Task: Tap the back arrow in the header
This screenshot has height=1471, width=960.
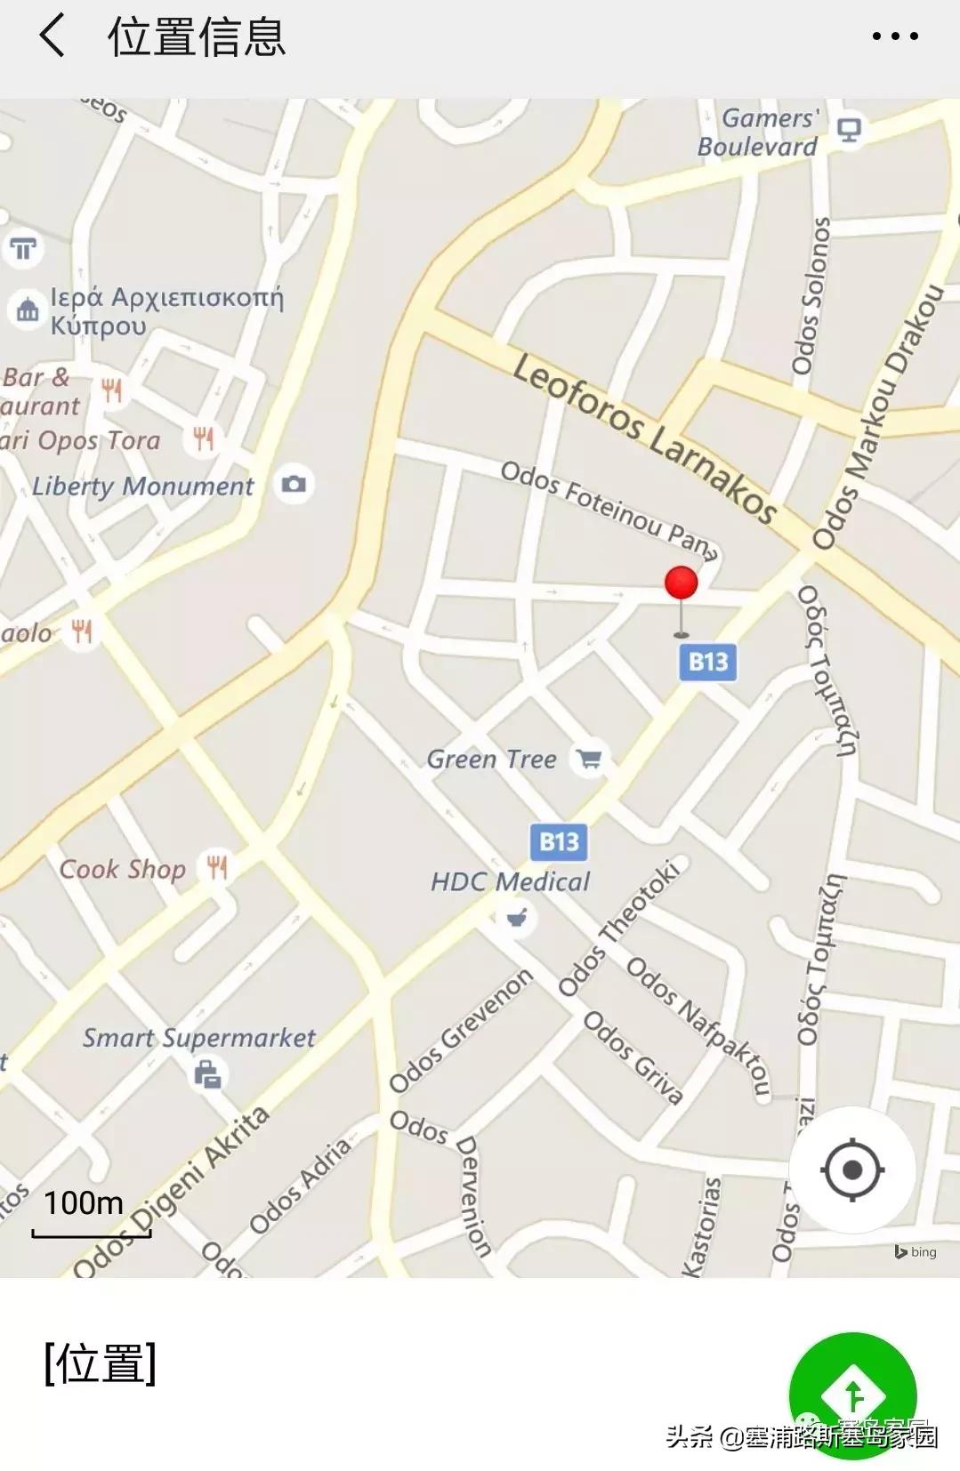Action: pos(52,36)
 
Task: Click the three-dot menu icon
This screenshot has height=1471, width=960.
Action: pos(894,36)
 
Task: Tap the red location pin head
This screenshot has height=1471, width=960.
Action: pos(682,583)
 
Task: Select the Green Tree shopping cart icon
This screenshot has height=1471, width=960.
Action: pos(589,760)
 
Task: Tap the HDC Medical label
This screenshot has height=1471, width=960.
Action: pos(510,882)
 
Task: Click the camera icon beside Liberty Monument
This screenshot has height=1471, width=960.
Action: pos(294,484)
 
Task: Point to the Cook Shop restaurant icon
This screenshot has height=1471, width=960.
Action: pos(217,866)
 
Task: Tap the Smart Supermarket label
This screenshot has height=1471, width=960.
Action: pos(199,1038)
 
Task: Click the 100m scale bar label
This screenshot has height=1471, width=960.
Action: pos(85,1203)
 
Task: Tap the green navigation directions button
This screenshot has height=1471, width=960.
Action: pos(851,1394)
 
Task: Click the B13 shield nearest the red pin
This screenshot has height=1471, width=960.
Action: pos(708,662)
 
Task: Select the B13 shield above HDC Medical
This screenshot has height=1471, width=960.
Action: pos(559,841)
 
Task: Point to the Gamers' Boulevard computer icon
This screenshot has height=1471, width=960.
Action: pos(849,130)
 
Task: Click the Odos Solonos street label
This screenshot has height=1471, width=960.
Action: pos(810,296)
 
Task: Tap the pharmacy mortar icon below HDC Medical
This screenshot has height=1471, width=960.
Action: pos(516,917)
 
